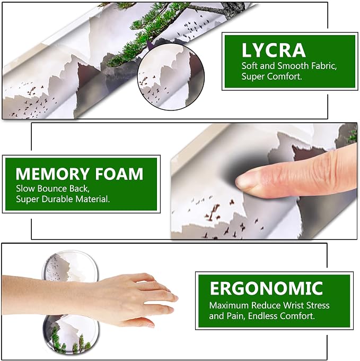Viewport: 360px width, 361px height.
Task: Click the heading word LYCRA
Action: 274,50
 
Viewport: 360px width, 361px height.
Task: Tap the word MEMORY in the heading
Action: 52,174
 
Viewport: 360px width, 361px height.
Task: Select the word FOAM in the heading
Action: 119,174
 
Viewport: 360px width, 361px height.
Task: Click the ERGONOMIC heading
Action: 267,288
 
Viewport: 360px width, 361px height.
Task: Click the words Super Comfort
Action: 271,76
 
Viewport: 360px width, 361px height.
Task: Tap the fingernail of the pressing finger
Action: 243,182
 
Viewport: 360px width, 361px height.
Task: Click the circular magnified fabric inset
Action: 171,77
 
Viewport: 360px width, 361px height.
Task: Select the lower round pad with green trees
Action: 71,334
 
